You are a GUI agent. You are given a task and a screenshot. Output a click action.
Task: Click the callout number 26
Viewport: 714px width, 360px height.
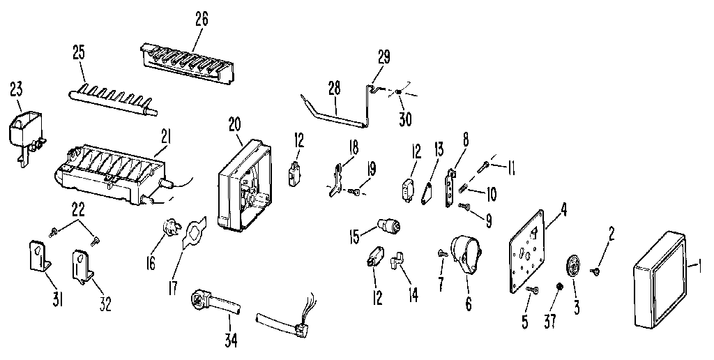point(202,19)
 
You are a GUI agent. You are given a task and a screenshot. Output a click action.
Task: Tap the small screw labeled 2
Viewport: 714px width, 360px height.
point(597,271)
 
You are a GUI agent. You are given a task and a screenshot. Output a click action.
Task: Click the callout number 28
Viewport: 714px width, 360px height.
point(334,87)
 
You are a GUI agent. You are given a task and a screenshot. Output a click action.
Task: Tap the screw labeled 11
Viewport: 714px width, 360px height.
point(484,167)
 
